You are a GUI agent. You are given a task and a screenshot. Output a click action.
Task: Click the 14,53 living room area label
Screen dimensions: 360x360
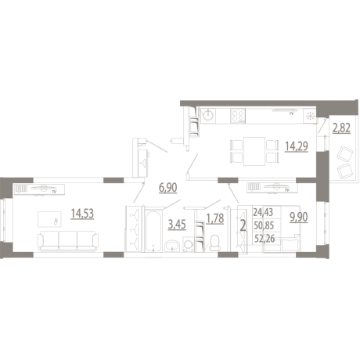click(82, 214)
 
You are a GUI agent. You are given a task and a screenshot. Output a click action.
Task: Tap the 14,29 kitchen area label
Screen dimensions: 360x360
click(297, 146)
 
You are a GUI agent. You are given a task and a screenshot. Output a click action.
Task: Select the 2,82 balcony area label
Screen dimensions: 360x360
click(341, 128)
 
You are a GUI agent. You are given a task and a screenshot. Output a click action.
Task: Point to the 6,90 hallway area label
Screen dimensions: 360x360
click(168, 188)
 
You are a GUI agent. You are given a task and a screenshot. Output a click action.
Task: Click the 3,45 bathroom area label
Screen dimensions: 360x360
click(177, 225)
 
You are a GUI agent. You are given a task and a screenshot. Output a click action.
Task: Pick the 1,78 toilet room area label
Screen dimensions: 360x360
click(215, 218)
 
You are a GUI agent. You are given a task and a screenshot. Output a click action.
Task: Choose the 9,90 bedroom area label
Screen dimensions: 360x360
click(299, 217)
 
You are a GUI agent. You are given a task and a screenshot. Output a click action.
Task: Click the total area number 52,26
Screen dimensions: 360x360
click(265, 239)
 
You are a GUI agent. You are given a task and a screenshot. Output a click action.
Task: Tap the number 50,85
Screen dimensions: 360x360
click(264, 225)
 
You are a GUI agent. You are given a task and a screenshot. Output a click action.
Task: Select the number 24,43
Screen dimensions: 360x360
click(263, 212)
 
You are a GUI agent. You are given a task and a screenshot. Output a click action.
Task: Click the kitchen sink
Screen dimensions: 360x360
click(208, 115)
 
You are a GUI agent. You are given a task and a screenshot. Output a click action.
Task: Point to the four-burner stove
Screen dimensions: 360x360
click(238, 116)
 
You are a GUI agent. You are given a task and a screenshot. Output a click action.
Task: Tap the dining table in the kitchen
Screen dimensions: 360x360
click(254, 151)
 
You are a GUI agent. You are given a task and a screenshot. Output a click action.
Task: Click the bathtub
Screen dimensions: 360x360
click(153, 230)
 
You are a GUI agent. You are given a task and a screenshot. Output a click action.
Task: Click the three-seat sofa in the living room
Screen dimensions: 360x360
click(68, 241)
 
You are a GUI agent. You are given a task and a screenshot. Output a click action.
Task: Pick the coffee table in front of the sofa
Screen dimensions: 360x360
click(49, 219)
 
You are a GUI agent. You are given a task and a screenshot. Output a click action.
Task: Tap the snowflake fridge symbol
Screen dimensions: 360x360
click(310, 116)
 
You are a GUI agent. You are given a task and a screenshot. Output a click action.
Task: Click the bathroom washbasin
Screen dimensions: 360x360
click(172, 246)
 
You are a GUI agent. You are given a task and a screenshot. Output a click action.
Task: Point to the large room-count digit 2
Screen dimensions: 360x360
click(243, 226)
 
